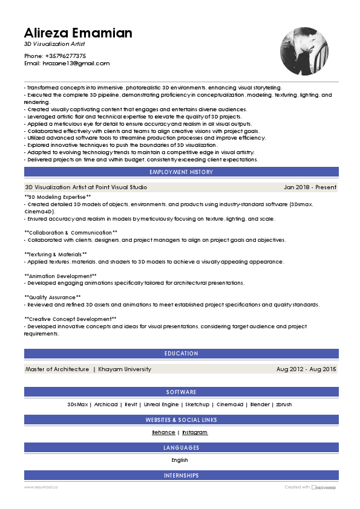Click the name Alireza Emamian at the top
pos(78,33)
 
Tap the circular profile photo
pos(304,51)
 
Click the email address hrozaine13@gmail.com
pos(76,63)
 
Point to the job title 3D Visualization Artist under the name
pos(54,45)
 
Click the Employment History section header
pos(181,172)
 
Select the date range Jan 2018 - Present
pos(310,187)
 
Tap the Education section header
pos(181,354)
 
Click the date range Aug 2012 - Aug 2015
pos(306,369)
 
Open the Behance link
pos(163,432)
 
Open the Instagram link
pos(195,432)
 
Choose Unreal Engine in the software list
pos(161,404)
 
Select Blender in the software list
pos(260,404)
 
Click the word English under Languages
pos(180,460)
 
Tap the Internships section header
pos(181,476)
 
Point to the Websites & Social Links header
pos(181,420)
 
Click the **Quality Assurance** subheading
pos(53,297)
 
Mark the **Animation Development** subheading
pos(61,276)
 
